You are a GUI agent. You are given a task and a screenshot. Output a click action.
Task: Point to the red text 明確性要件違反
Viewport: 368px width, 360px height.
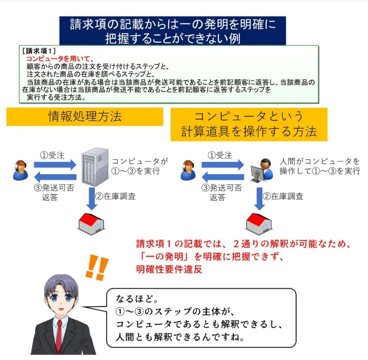pyautogui.click(x=169, y=270)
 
